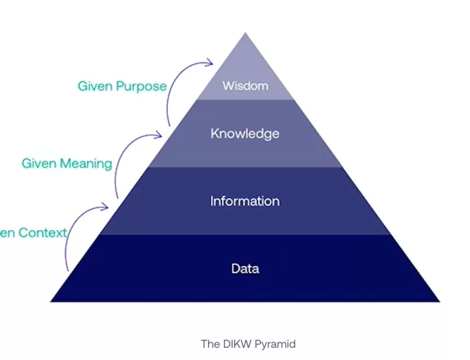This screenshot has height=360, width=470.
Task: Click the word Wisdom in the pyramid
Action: click(x=245, y=86)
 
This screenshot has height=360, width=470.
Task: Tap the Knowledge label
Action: click(x=244, y=133)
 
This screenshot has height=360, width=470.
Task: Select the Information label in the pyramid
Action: click(x=244, y=201)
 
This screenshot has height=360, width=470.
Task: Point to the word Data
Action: click(x=245, y=269)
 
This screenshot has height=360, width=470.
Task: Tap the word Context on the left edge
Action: click(x=42, y=233)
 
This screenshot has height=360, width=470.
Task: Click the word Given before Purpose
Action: click(x=94, y=86)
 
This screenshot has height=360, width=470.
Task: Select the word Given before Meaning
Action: click(x=38, y=163)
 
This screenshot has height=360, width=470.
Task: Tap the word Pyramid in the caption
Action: click(x=276, y=344)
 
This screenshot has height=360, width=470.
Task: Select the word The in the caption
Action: click(x=209, y=344)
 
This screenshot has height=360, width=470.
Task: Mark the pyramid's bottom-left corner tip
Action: click(x=51, y=301)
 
